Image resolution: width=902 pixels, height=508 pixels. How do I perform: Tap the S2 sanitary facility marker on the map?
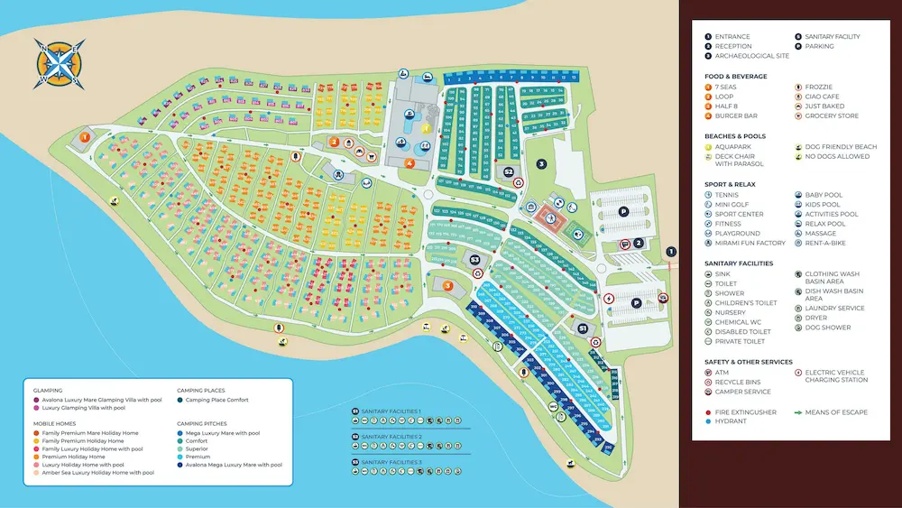(509, 171)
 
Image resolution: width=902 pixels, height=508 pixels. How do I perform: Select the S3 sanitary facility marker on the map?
(476, 260)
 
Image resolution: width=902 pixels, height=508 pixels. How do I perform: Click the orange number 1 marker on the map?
(85, 137)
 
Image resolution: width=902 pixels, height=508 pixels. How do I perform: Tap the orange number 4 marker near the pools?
(410, 163)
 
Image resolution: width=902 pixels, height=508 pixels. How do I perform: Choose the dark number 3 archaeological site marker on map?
(541, 163)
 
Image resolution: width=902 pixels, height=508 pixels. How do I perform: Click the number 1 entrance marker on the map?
(670, 252)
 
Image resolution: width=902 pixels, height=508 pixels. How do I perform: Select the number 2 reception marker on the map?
(638, 242)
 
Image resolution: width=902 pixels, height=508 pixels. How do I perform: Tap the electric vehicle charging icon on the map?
(609, 299)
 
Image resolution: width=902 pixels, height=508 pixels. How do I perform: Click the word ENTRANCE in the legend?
(732, 37)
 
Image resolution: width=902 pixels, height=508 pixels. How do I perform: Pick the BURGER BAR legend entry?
(736, 116)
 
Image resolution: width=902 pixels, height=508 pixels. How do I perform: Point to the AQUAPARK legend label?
(734, 146)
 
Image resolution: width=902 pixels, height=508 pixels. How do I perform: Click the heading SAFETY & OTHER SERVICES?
(747, 362)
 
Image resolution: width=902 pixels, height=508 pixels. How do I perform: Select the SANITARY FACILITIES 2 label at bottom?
(391, 436)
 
